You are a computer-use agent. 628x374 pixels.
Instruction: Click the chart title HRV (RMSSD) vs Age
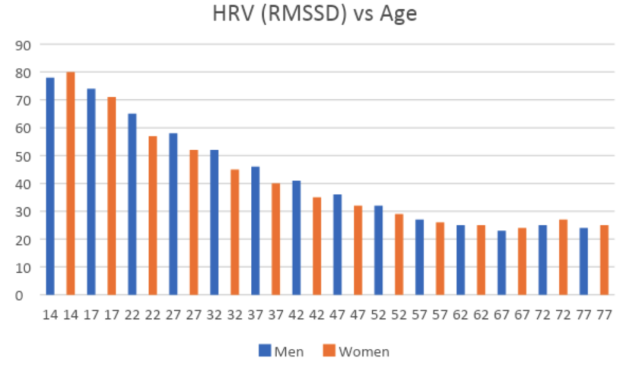pos(314,13)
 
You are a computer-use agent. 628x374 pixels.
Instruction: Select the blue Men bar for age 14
pos(50,186)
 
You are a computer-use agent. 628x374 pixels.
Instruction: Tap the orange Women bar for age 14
pos(71,183)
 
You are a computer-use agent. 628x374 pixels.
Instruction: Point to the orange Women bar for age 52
pos(399,254)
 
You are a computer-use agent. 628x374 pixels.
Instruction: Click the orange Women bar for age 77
pos(604,260)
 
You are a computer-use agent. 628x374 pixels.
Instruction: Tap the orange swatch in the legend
pos(327,351)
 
